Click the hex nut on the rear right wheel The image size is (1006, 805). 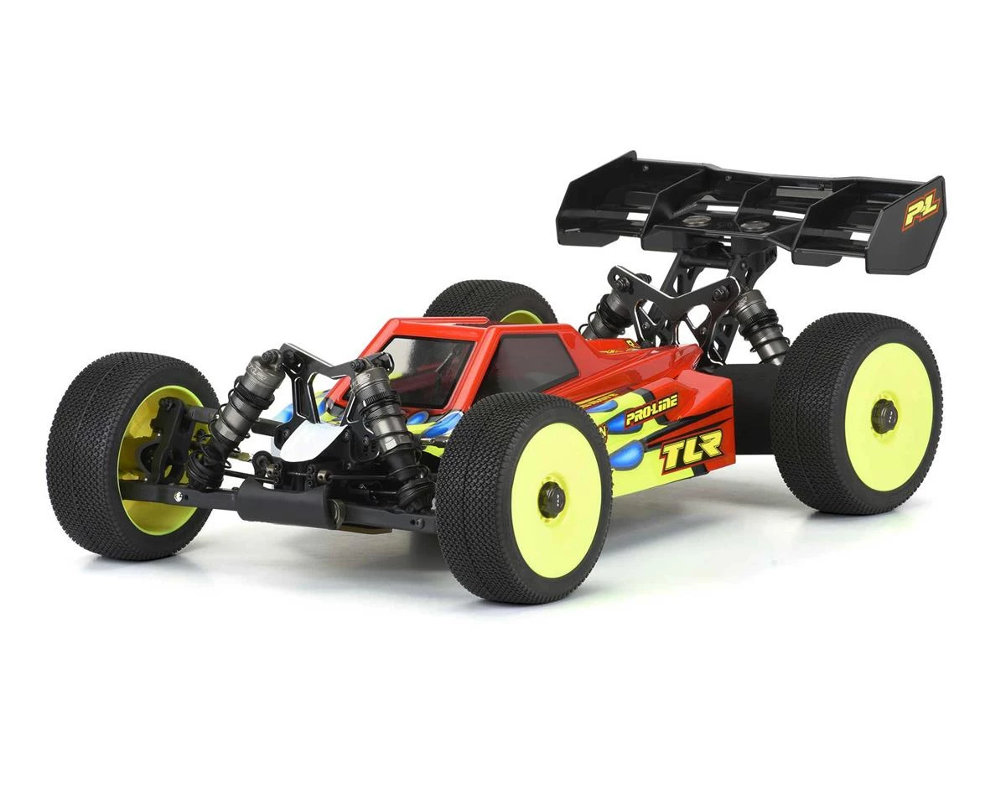click(x=884, y=416)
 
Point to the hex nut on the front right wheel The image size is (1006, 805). click(x=551, y=500)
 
